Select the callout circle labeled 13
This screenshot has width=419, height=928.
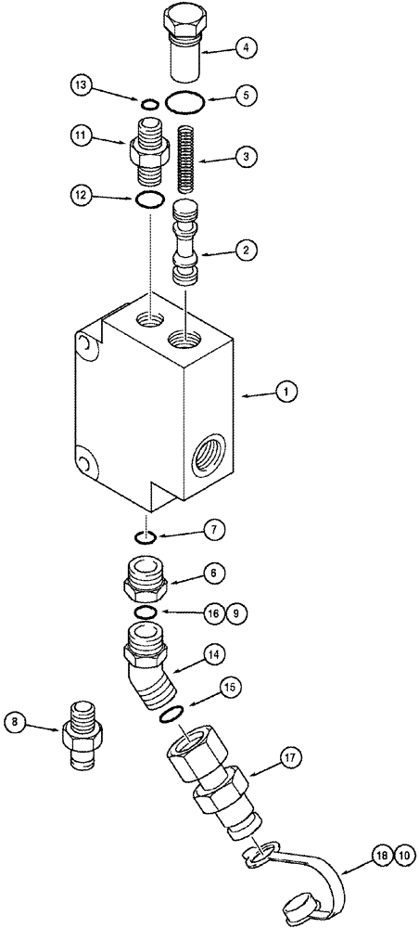[81, 86]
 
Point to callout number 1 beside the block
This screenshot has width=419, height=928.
[287, 393]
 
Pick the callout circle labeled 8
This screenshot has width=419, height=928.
[16, 720]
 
